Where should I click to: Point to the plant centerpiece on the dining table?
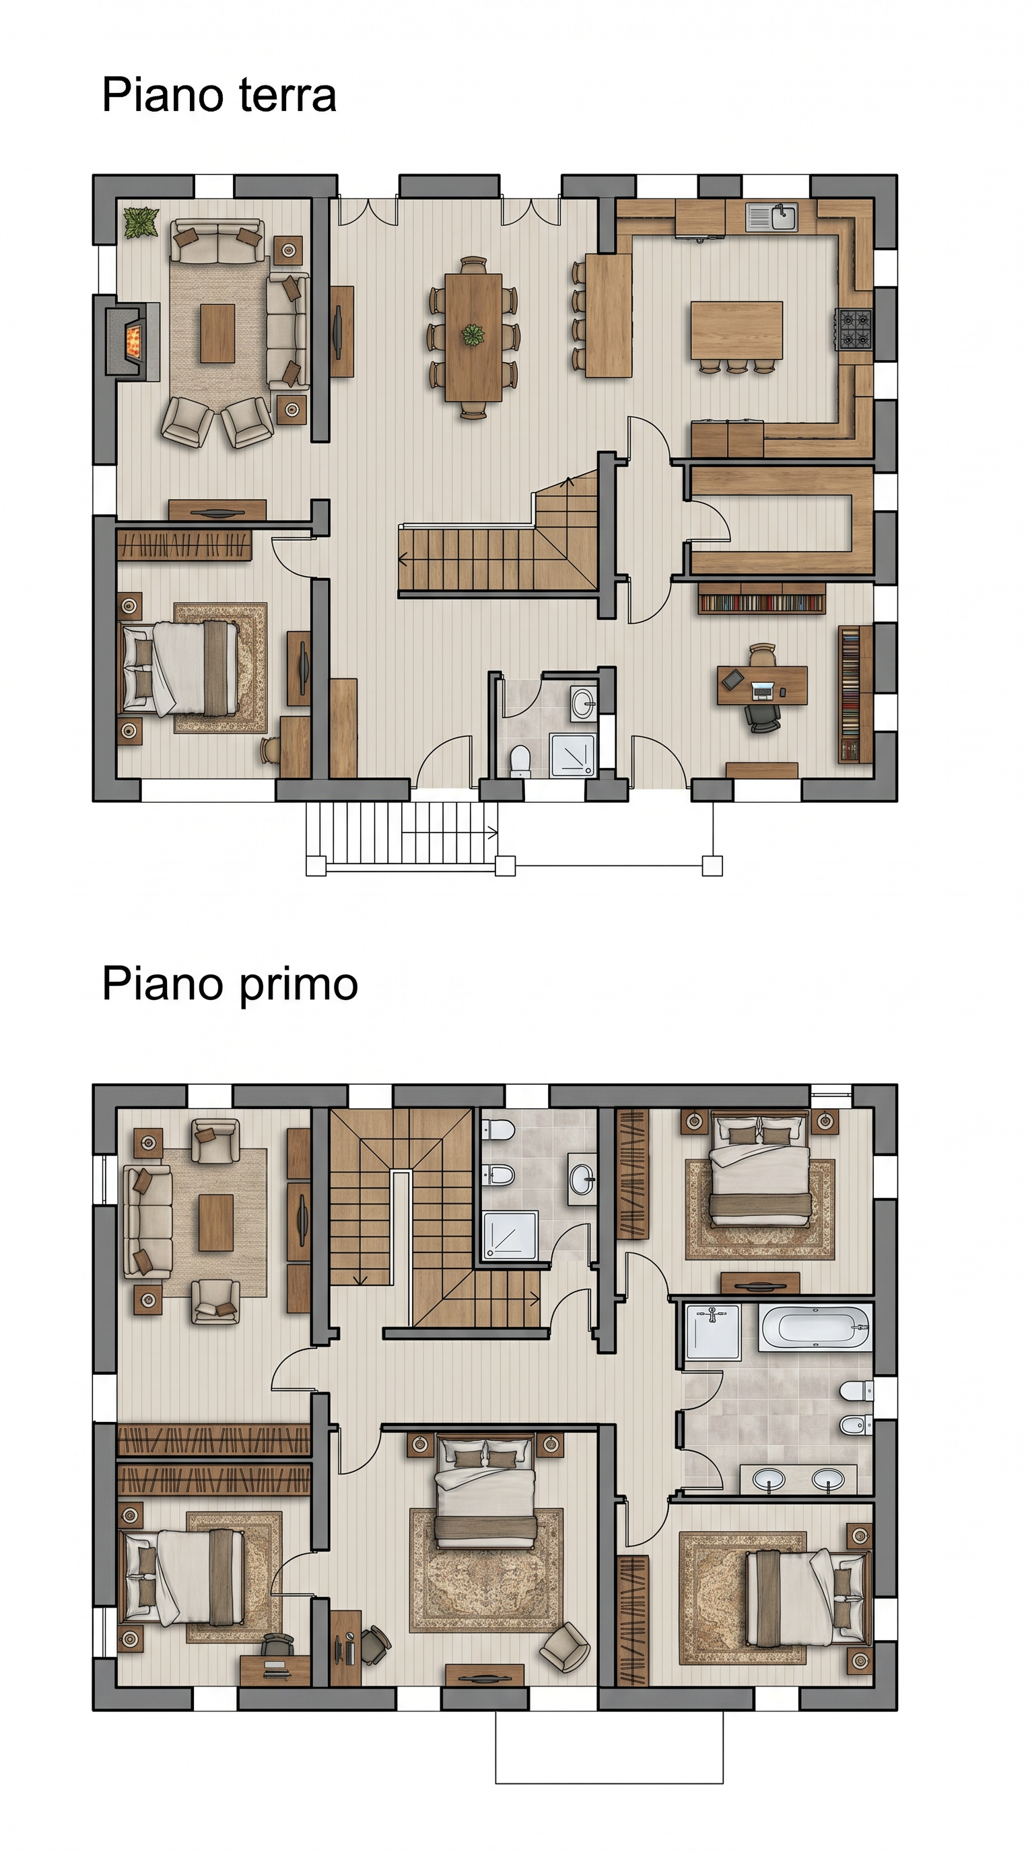(x=473, y=335)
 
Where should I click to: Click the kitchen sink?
(x=771, y=217)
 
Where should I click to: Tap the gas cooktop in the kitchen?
(x=854, y=328)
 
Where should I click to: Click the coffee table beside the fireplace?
(x=217, y=333)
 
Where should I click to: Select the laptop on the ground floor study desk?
(x=761, y=690)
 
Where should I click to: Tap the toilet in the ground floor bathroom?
(x=519, y=761)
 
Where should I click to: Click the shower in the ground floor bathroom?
(x=573, y=755)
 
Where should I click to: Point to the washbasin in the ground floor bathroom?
(x=582, y=701)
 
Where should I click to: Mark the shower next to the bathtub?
(x=713, y=1332)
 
